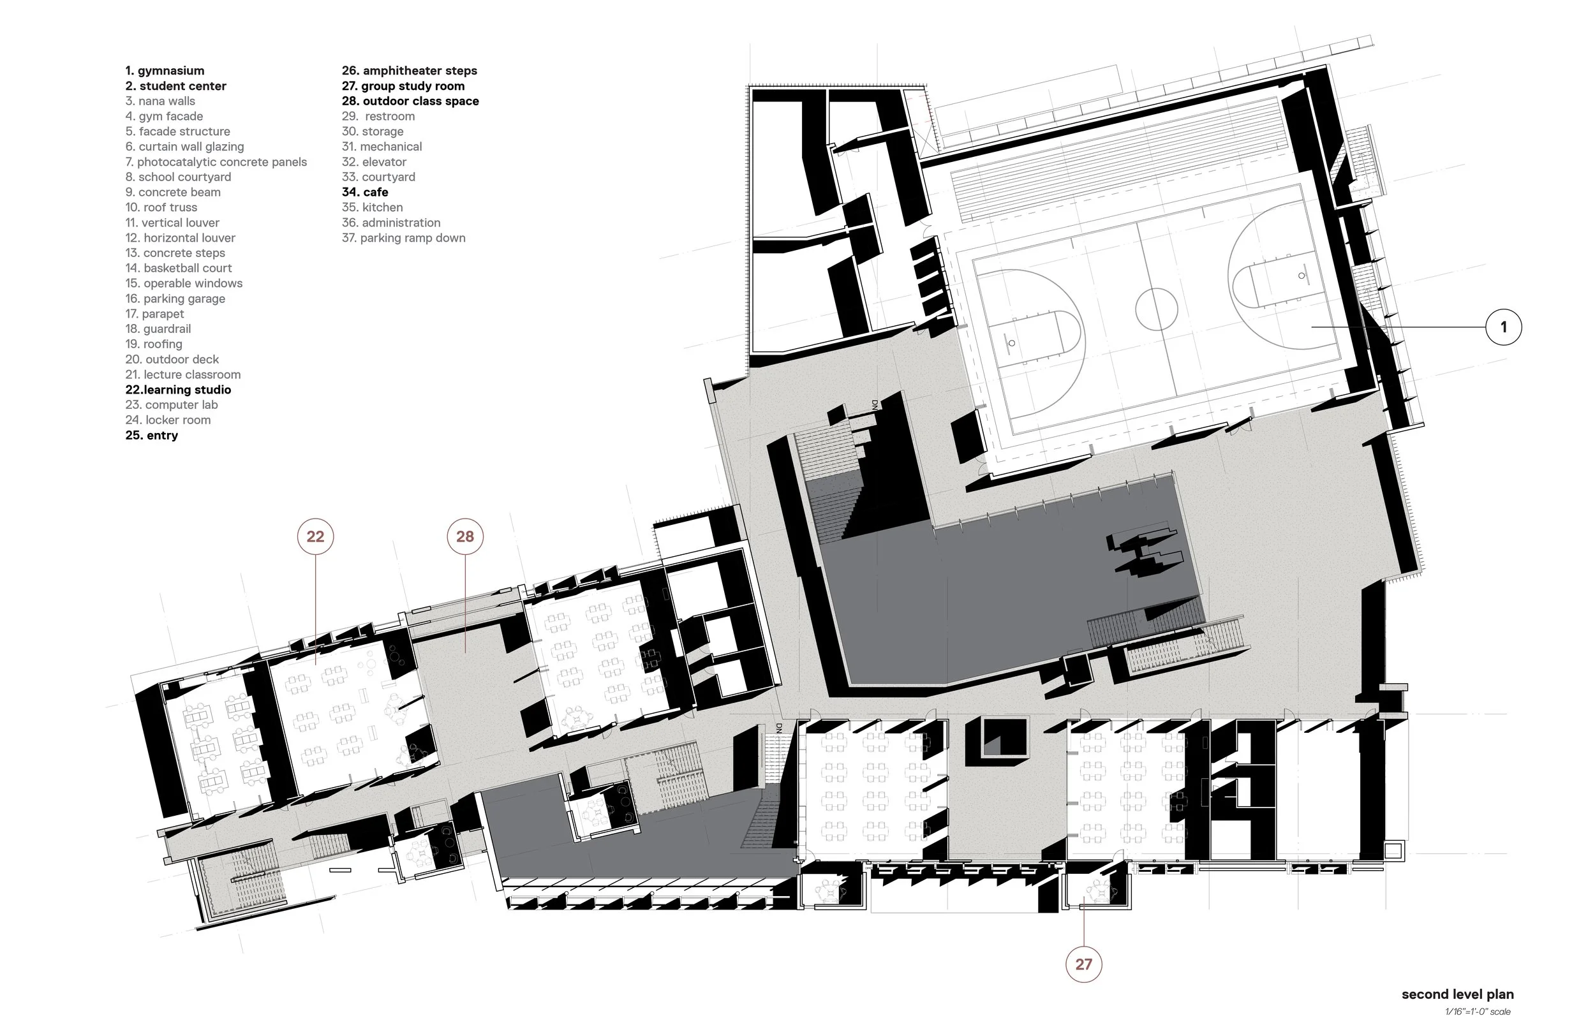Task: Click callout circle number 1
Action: click(1503, 327)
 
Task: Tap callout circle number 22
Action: click(315, 536)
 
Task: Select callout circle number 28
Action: click(464, 536)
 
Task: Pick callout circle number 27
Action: click(1084, 964)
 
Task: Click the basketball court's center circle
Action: click(1156, 309)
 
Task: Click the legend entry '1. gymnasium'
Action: click(165, 71)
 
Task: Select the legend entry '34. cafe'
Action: click(365, 193)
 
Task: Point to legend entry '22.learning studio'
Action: click(178, 390)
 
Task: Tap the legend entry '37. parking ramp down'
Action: click(403, 238)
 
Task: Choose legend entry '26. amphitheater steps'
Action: click(410, 71)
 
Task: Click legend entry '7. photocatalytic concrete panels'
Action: click(216, 162)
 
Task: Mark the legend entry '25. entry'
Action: click(151, 435)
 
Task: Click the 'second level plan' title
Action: click(1457, 994)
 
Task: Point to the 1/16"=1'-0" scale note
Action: click(1477, 1012)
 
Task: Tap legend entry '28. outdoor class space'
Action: click(410, 101)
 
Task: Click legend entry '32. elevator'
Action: click(373, 162)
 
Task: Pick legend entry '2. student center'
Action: click(175, 86)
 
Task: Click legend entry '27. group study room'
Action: click(403, 86)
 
